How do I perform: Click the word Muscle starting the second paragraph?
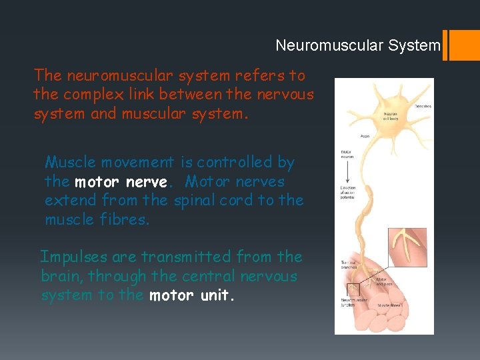tap(69, 162)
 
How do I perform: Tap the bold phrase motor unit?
tap(192, 295)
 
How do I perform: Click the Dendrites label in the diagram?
tap(423, 106)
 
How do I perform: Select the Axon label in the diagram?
tap(365, 135)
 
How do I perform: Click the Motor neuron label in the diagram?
tap(347, 155)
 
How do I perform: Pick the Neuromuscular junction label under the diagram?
tap(351, 302)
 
